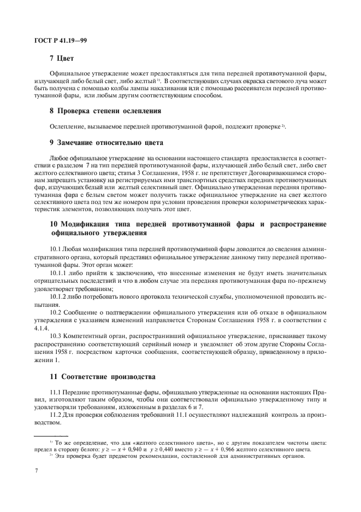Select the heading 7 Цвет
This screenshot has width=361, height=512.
click(x=61, y=57)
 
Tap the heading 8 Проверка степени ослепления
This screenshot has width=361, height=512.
click(x=105, y=111)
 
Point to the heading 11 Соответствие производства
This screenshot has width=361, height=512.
click(x=102, y=377)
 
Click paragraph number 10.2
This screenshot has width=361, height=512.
click(x=56, y=312)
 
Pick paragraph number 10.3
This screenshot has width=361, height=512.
click(x=56, y=335)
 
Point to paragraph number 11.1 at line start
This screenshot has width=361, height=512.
click(x=56, y=393)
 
